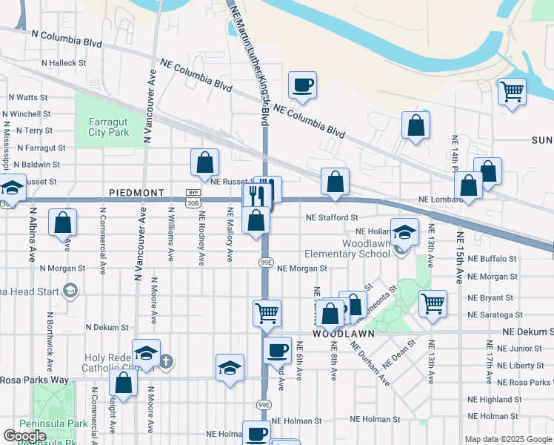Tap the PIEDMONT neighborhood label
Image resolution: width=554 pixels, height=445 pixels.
(x=136, y=193)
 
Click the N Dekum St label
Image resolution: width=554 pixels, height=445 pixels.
(x=107, y=327)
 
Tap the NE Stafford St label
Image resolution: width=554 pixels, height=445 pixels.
(x=333, y=218)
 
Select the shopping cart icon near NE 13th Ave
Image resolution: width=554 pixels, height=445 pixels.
(x=433, y=303)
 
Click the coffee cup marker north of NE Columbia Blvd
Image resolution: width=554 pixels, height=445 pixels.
(x=302, y=85)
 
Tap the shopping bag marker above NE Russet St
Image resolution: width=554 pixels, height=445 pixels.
(x=204, y=162)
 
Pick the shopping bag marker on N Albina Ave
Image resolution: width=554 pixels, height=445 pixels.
(x=63, y=222)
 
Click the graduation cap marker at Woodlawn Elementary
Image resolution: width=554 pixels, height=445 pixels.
(x=404, y=232)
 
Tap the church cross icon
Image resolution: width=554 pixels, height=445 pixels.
(x=167, y=362)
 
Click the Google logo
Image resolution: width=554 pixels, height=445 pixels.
(x=24, y=436)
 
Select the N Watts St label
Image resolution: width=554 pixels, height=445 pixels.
(x=28, y=97)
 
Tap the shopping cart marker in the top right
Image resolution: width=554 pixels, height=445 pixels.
(x=512, y=91)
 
